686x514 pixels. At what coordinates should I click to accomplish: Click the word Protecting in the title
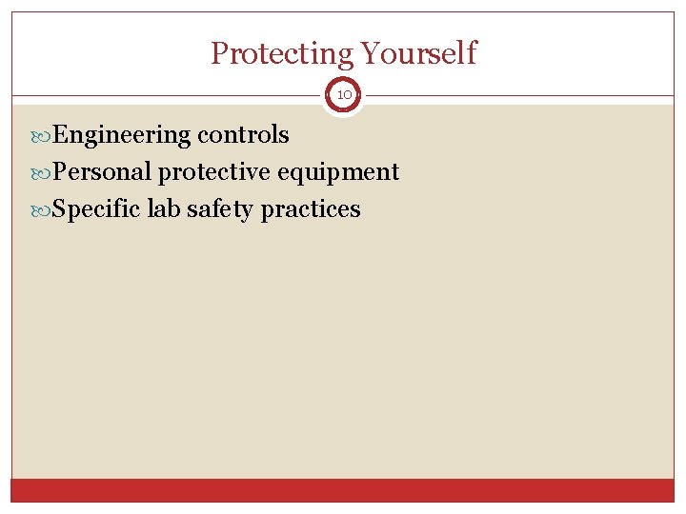click(x=279, y=53)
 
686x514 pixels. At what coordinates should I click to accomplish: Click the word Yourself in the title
click(x=415, y=53)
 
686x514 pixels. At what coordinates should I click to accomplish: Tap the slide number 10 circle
click(x=343, y=95)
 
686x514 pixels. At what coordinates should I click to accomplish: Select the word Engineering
click(x=122, y=135)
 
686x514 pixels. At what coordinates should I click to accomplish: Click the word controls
click(x=243, y=135)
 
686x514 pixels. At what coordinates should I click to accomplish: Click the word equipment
click(x=338, y=172)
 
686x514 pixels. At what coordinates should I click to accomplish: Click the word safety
click(x=220, y=209)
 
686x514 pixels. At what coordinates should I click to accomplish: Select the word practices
click(x=311, y=209)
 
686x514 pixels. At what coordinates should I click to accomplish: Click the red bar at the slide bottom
click(x=343, y=490)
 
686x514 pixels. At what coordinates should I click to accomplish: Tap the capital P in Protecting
click(x=219, y=53)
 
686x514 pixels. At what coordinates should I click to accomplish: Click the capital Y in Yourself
click(x=366, y=53)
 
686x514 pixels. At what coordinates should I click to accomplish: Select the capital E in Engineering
click(x=60, y=135)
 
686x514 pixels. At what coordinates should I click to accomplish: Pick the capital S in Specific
click(x=59, y=209)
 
